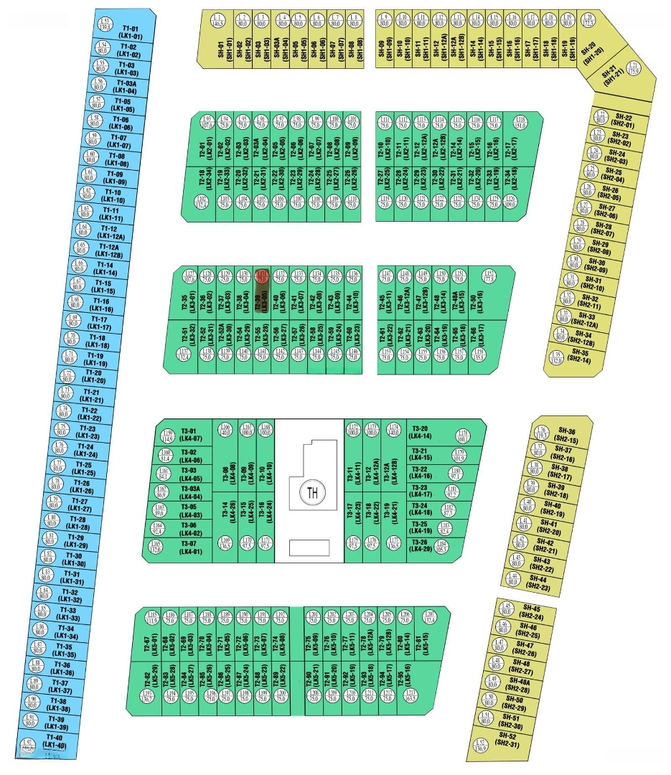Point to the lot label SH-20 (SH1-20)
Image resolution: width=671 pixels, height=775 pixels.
(590, 51)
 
